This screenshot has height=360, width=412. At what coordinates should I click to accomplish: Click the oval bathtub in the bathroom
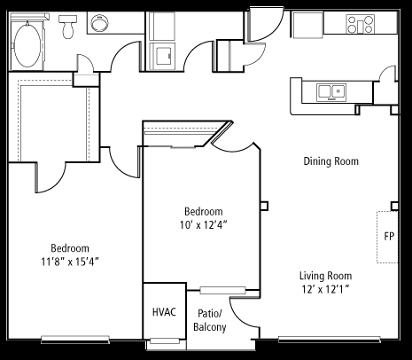27,45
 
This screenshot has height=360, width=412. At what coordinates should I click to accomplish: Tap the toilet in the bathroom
67,27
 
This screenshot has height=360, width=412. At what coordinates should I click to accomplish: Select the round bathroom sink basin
99,23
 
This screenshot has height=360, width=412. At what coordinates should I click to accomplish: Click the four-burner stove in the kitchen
361,24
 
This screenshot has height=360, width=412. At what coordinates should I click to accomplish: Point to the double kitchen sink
331,92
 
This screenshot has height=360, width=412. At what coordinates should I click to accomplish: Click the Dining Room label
331,161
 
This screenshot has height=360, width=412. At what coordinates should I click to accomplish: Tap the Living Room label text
326,276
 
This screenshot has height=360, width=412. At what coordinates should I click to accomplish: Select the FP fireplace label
389,237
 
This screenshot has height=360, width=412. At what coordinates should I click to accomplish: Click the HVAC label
164,312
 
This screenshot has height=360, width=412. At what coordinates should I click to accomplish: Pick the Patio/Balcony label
210,320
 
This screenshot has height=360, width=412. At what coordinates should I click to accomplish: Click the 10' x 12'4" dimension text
204,225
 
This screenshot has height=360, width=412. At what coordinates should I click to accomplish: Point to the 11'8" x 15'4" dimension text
70,262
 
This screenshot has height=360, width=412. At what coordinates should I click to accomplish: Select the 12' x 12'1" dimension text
325,289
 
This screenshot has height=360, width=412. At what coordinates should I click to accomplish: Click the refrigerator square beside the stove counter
307,25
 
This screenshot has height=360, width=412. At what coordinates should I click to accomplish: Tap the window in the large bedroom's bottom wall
75,339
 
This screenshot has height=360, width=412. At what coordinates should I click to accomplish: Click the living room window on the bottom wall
330,340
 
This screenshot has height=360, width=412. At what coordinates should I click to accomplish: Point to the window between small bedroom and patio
222,290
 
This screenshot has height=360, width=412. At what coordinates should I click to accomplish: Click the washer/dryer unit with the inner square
162,56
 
